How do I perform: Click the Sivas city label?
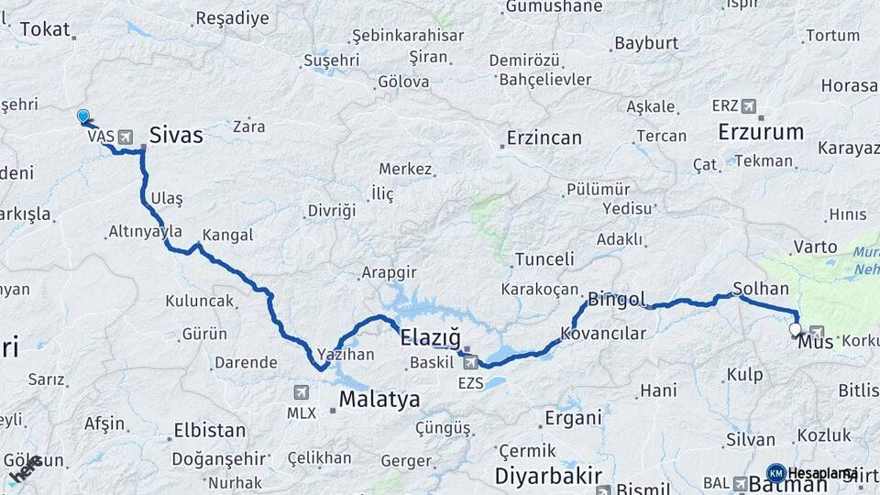[176, 135]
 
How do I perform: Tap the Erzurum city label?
[760, 131]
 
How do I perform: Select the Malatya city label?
[379, 399]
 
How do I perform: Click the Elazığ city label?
[430, 338]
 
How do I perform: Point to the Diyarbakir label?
[548, 476]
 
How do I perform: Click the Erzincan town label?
[544, 138]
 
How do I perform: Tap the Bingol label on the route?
[617, 299]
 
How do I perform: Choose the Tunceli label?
[544, 259]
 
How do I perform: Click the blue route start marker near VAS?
[83, 116]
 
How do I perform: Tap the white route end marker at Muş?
[794, 330]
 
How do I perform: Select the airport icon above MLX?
[301, 392]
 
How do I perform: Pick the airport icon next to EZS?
[470, 361]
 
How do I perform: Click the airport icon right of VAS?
[125, 136]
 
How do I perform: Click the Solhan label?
[761, 288]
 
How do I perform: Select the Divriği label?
[331, 211]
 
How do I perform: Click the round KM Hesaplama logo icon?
[775, 473]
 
